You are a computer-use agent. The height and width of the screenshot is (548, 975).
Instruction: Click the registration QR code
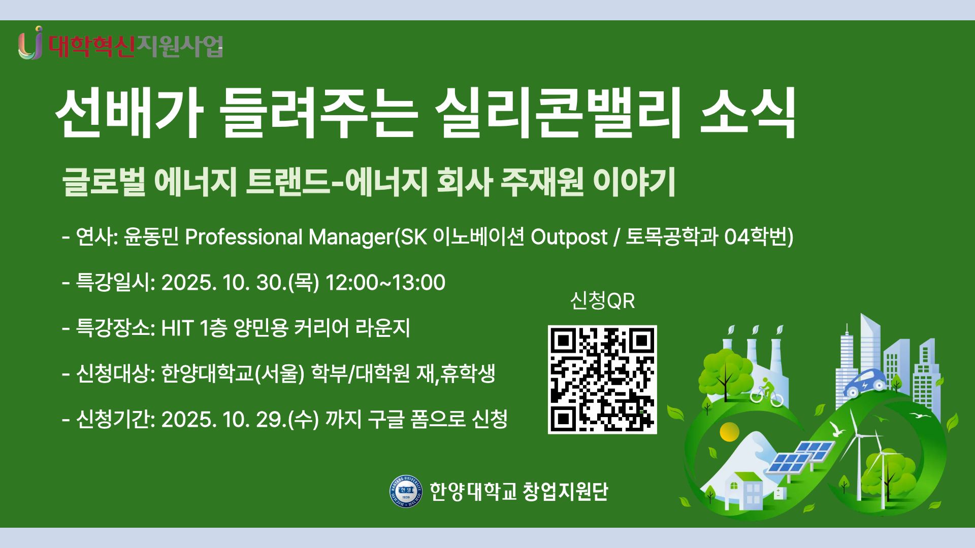coord(602,380)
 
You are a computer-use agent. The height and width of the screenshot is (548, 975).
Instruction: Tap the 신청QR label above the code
coord(602,301)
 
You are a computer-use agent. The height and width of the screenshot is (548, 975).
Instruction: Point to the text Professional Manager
coord(289,237)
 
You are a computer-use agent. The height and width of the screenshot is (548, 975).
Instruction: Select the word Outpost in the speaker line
coord(569,237)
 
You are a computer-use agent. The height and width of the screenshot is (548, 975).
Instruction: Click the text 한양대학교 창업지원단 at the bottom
coord(518,491)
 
